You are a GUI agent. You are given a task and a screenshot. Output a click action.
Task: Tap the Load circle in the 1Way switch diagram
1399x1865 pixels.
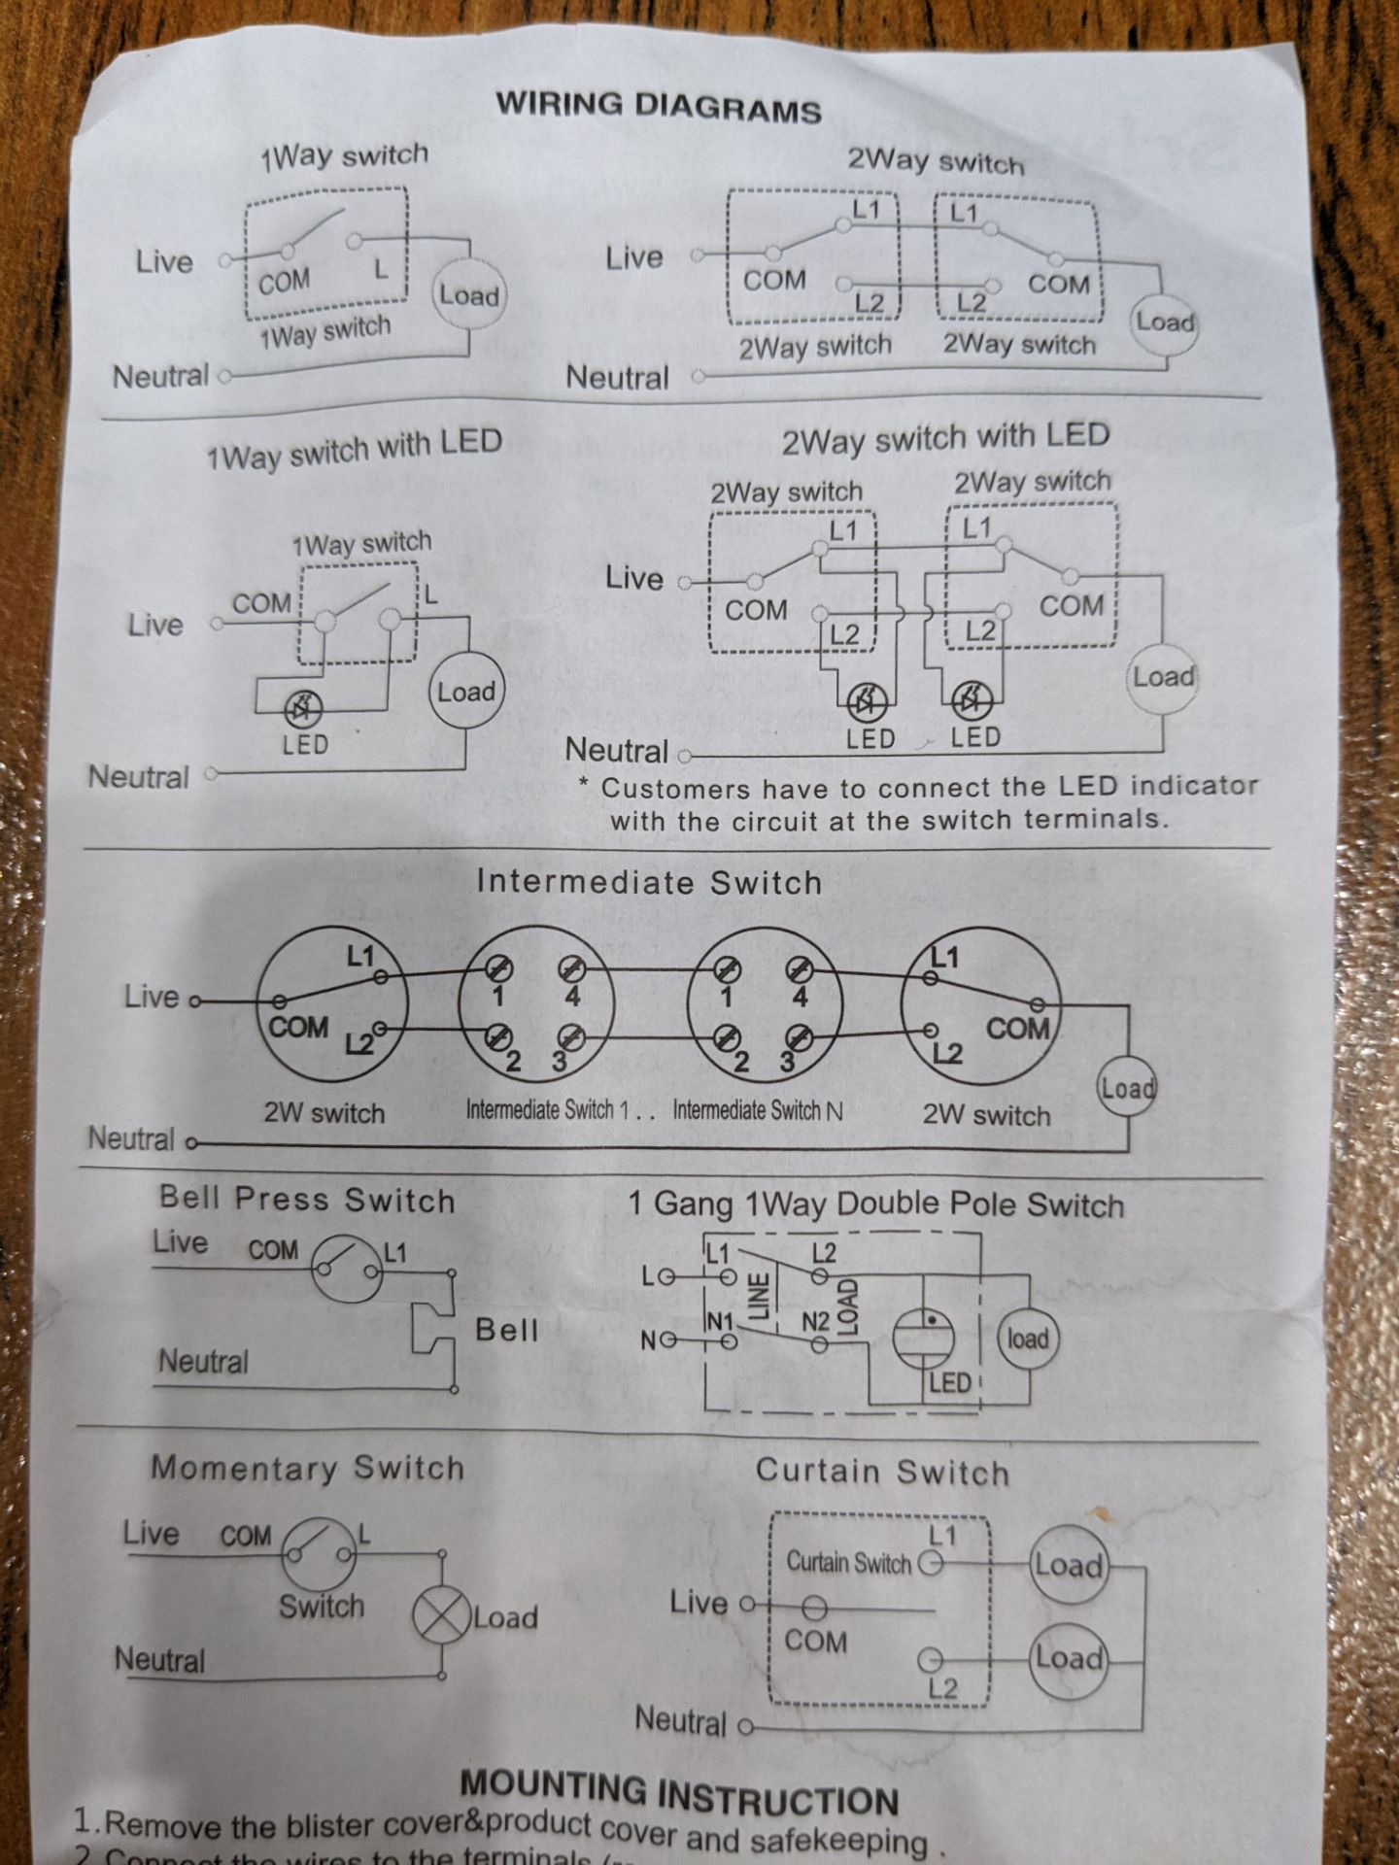click(x=467, y=294)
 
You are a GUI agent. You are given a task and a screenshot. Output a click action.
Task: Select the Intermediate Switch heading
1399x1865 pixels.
click(x=649, y=882)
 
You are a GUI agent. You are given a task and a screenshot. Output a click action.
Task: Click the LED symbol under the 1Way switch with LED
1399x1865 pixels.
click(x=303, y=710)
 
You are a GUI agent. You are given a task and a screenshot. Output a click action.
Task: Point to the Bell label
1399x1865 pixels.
click(x=506, y=1330)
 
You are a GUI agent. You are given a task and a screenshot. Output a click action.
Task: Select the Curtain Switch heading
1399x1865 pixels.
click(x=882, y=1472)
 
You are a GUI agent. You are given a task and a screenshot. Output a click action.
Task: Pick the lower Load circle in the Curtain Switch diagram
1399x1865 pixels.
click(x=1068, y=1657)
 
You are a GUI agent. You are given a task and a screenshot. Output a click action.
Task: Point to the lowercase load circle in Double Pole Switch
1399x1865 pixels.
click(x=1027, y=1339)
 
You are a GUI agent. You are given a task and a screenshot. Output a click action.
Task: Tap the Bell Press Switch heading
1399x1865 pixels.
click(x=307, y=1200)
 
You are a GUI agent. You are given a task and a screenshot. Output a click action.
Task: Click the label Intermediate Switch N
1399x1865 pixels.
click(x=758, y=1109)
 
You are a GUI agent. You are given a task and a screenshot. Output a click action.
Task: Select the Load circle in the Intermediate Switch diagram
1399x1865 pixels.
click(x=1126, y=1087)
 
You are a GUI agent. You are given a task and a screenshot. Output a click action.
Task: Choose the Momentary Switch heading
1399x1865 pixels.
click(x=307, y=1468)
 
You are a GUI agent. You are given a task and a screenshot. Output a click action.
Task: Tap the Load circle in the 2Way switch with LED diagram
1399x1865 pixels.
click(x=1162, y=677)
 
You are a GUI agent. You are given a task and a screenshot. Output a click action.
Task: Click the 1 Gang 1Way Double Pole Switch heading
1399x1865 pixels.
click(x=875, y=1205)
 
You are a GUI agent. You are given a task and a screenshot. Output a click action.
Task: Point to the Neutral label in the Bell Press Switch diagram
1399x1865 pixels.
click(x=203, y=1362)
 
